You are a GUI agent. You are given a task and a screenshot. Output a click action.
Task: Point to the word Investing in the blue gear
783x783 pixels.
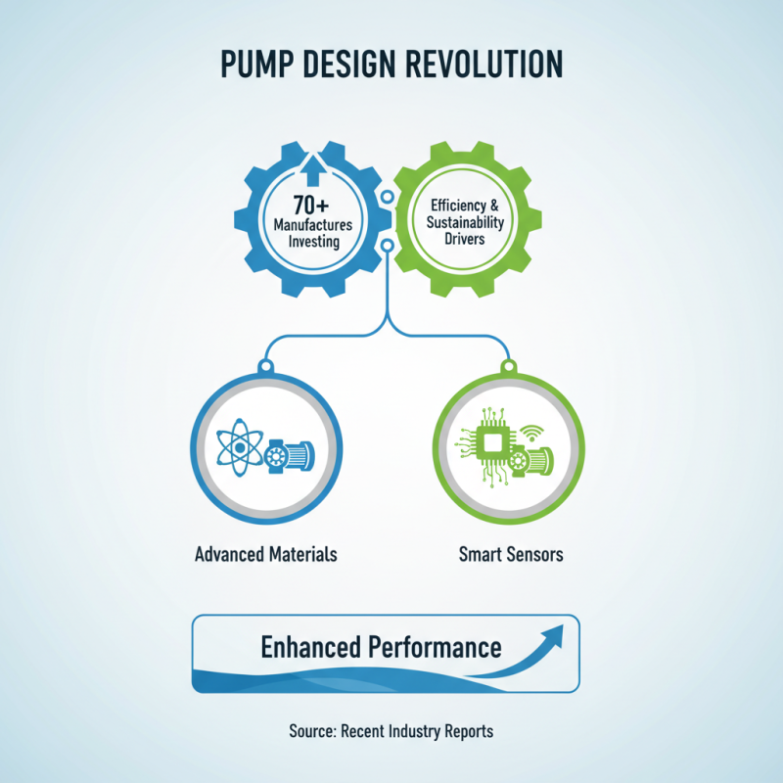312,242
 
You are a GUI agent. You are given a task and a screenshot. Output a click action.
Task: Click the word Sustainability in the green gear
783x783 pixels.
465,222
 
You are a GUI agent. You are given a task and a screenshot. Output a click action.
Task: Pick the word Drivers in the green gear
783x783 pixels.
465,238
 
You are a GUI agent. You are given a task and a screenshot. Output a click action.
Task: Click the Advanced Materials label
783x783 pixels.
266,554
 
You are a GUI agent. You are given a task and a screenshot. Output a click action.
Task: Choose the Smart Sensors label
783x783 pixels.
511,554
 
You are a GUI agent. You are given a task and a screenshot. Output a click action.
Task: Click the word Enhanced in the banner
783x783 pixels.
312,647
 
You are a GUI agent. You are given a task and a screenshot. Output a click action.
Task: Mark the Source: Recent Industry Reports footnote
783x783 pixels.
391,730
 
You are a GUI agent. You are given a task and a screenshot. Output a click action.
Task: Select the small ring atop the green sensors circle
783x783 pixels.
508,367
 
